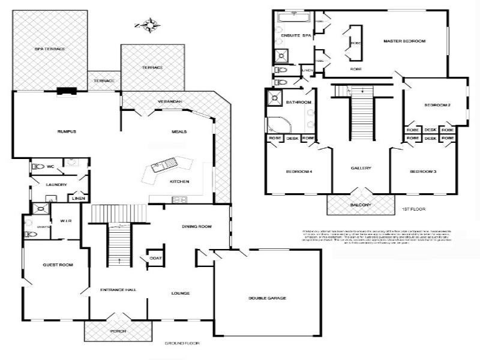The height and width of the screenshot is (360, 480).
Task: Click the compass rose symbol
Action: pos(148,25)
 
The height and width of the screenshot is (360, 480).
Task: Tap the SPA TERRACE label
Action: pos(49,49)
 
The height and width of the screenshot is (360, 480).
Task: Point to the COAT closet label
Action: pos(155,259)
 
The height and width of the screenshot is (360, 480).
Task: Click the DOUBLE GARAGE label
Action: pos(268,298)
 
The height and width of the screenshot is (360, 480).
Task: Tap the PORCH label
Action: pos(118,331)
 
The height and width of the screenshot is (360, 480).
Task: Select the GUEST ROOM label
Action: pos(58,265)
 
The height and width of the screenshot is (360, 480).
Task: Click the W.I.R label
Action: pos(66,221)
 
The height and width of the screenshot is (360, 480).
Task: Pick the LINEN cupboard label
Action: pos(79,198)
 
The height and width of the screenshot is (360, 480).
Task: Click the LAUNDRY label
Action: pos(56,185)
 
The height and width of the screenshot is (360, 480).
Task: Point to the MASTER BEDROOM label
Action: pos(404,41)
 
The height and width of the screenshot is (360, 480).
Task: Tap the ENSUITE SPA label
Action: pos(296,36)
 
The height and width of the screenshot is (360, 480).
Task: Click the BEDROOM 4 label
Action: pos(299,172)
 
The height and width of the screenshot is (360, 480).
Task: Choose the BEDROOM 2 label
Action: pos(437,105)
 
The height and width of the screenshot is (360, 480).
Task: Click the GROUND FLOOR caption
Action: pos(181,343)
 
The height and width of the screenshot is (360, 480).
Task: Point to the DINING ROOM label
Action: pos(197,226)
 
